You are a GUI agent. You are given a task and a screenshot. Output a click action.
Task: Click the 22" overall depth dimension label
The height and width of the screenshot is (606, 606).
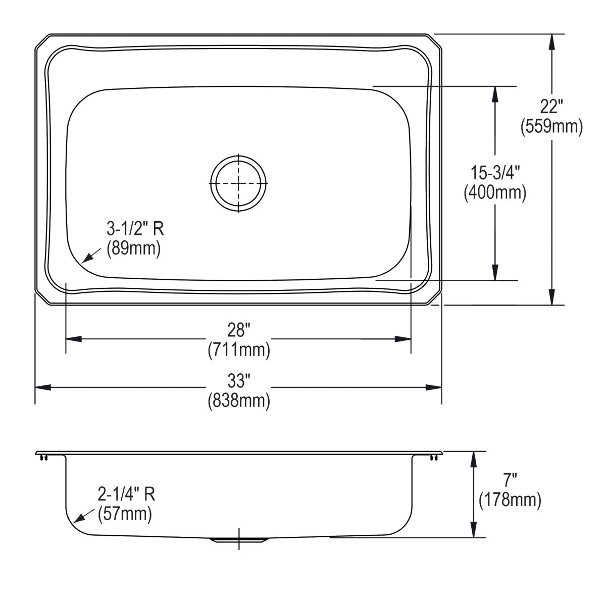click(x=551, y=107)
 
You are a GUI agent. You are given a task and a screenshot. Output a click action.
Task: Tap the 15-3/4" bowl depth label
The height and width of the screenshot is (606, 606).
click(x=495, y=173)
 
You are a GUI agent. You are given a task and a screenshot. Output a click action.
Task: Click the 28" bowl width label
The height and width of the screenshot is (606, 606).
click(x=238, y=331)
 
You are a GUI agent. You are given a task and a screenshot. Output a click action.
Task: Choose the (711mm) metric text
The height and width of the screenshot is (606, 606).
click(x=238, y=349)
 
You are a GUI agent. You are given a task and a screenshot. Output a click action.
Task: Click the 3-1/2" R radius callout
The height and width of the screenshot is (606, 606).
click(x=135, y=230)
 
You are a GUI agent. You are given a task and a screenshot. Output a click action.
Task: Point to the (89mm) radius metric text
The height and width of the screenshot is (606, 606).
click(x=133, y=248)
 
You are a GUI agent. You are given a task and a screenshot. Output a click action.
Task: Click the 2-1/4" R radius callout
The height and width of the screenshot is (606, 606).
click(x=126, y=494)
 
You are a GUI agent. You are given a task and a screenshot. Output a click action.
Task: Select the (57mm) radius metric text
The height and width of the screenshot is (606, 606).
click(x=125, y=514)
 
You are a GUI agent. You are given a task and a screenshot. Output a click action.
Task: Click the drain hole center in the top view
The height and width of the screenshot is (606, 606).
click(x=238, y=182)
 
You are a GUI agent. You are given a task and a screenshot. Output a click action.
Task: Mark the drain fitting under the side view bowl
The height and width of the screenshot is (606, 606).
click(x=238, y=540)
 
